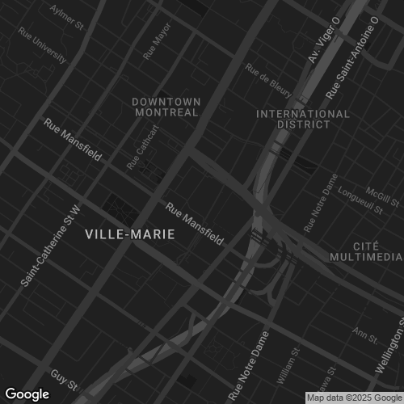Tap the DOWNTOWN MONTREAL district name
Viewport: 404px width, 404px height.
point(166,107)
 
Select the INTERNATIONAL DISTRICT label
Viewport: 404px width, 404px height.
point(303,119)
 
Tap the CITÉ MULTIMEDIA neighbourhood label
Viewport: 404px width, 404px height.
point(365,250)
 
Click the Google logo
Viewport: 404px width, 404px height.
point(27,393)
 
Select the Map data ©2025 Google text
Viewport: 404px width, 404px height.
point(354,398)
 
